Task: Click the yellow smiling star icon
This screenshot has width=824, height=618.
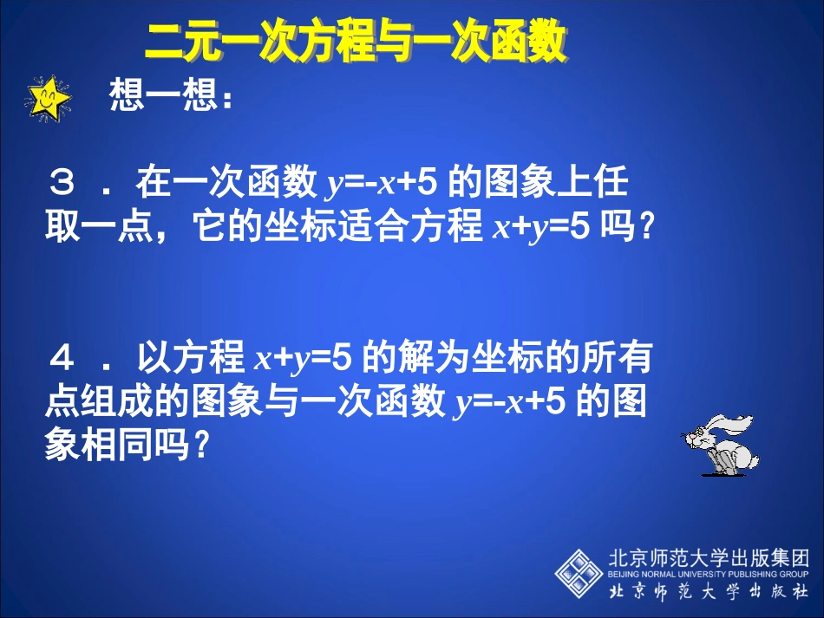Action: pos(48,98)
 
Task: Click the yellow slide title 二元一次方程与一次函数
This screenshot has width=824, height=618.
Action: pos(355,42)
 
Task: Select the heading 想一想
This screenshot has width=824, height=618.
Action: pos(169,98)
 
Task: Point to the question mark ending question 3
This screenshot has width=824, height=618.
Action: pos(643,228)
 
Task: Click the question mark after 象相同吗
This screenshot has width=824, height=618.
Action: pos(201,447)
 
